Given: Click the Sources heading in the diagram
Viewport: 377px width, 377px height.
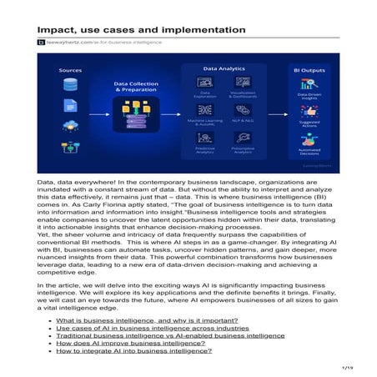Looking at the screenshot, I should tap(70, 70).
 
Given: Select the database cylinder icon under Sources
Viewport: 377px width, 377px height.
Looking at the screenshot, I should tap(70, 88).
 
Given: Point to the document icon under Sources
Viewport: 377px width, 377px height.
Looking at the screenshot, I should tap(70, 107).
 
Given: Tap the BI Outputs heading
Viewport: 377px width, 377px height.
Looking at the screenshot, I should tap(313, 70).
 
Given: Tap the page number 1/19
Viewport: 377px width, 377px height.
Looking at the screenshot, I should tap(349, 365).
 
